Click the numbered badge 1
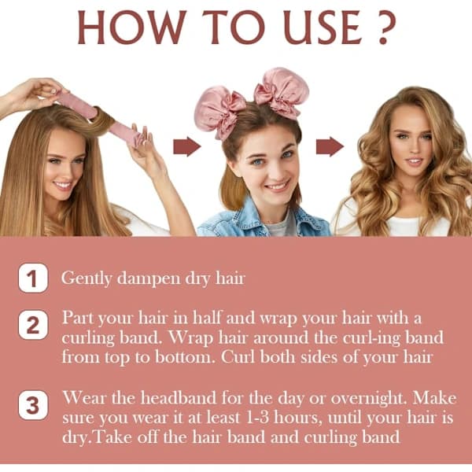point(33,278)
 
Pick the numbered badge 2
point(33,325)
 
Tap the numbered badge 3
point(33,405)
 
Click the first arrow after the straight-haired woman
point(187,146)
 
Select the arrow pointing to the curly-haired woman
point(330,146)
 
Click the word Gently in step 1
point(87,278)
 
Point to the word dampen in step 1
point(149,278)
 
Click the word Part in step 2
point(78,318)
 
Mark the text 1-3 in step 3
point(257,418)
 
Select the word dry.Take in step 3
point(95,438)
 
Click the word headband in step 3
point(179,397)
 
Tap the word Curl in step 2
point(238,357)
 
